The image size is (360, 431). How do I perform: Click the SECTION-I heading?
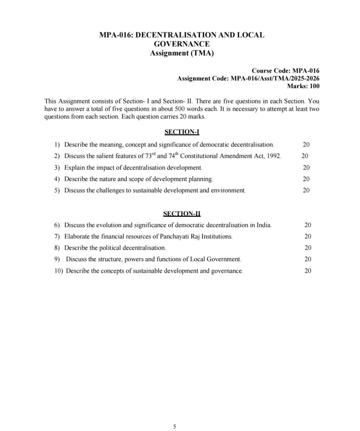pyautogui.click(x=182, y=132)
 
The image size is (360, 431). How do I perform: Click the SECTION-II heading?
pyautogui.click(x=182, y=213)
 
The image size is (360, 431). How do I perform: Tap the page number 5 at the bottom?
pyautogui.click(x=174, y=427)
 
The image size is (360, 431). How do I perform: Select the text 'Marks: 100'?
pyautogui.click(x=303, y=86)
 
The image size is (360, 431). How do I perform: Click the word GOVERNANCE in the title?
pyautogui.click(x=182, y=44)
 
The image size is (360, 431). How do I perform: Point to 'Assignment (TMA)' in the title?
pyautogui.click(x=182, y=53)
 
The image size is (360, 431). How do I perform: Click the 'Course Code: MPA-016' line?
pyautogui.click(x=285, y=71)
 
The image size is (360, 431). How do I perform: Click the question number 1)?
pyautogui.click(x=57, y=145)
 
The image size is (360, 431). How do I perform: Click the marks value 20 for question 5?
pyautogui.click(x=306, y=190)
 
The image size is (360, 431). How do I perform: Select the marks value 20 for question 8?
pyautogui.click(x=308, y=248)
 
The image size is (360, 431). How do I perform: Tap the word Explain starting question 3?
pyautogui.click(x=74, y=168)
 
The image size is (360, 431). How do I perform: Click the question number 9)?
pyautogui.click(x=57, y=259)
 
